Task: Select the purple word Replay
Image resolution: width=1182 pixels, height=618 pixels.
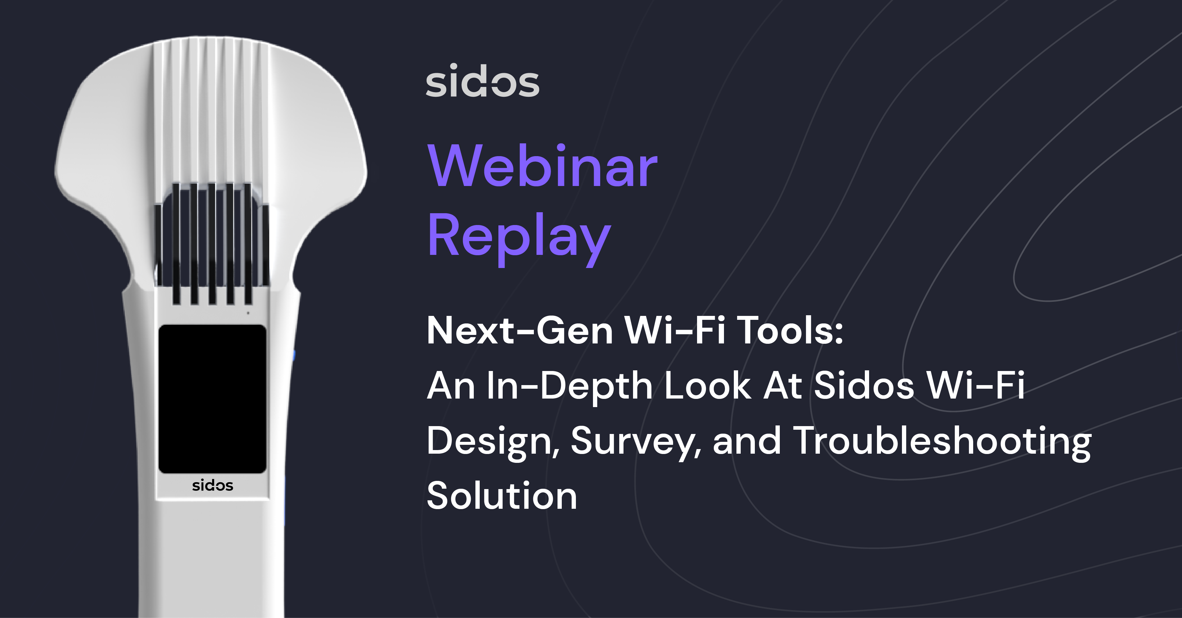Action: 519,239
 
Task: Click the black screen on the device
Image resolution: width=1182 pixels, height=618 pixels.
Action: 212,399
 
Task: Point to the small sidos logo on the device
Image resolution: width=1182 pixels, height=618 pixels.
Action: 212,485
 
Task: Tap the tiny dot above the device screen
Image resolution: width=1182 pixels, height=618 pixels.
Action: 248,313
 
